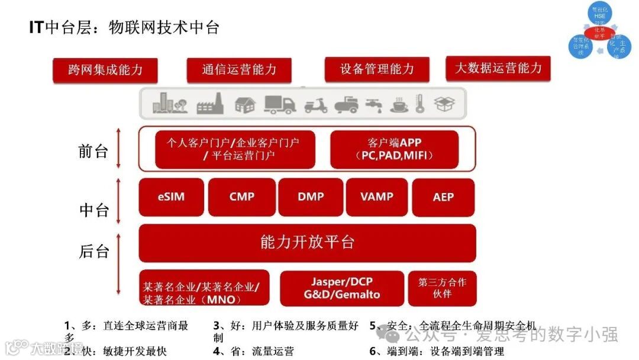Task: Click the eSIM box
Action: click(171, 197)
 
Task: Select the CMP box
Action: click(241, 197)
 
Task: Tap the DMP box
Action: click(311, 197)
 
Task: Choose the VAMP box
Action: click(376, 197)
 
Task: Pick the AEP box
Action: click(443, 197)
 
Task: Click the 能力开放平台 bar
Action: click(307, 243)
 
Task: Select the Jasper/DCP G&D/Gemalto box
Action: click(342, 288)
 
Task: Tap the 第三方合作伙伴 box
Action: click(442, 288)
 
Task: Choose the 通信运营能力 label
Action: click(239, 70)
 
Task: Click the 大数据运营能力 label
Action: click(498, 68)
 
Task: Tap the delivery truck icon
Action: click(280, 104)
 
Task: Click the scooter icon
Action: click(316, 105)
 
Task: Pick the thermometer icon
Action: click(420, 104)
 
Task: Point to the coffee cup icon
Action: click(399, 105)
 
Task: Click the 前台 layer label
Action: click(93, 151)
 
